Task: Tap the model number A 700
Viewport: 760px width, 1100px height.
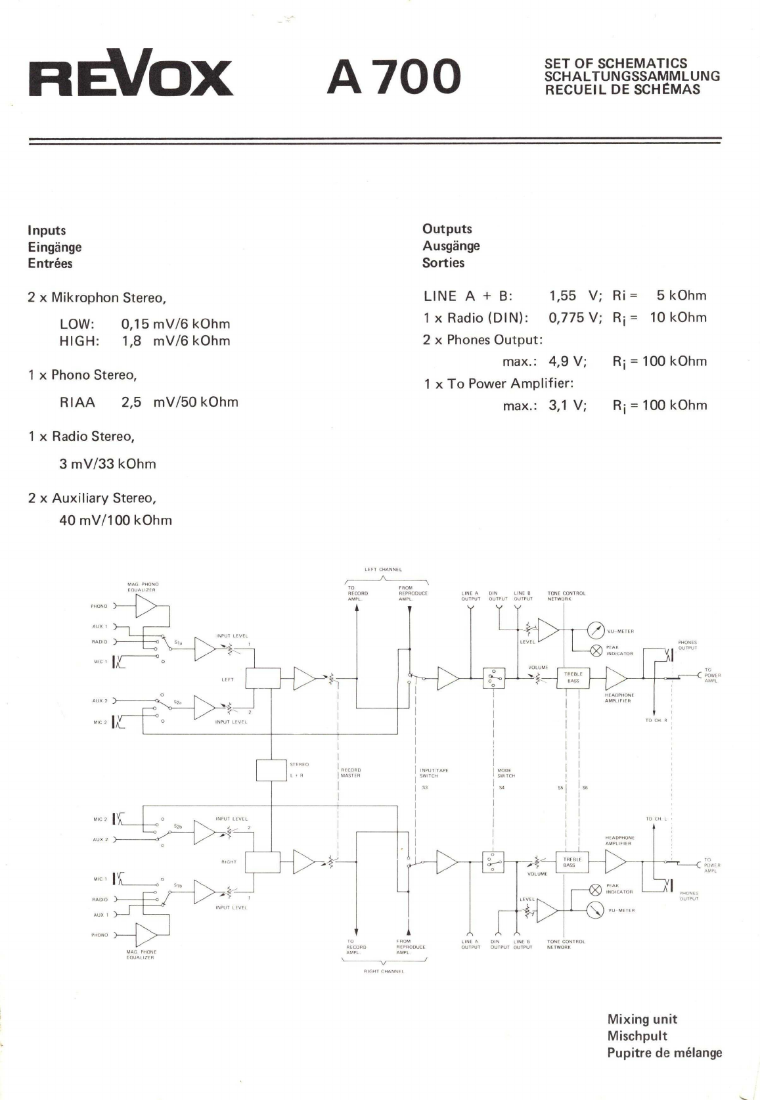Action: pyautogui.click(x=394, y=76)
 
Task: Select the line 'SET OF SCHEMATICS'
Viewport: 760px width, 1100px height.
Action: pyautogui.click(x=615, y=64)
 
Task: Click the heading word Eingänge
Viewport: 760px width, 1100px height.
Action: pyautogui.click(x=55, y=247)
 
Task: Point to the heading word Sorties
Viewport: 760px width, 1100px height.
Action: pyautogui.click(x=443, y=263)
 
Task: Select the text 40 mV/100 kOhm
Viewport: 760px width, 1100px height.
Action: pyautogui.click(x=116, y=520)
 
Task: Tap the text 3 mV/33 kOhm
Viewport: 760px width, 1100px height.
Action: pyautogui.click(x=108, y=464)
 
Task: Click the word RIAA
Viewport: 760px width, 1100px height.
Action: pyautogui.click(x=78, y=402)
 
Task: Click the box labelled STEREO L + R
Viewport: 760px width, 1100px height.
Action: pyautogui.click(x=271, y=770)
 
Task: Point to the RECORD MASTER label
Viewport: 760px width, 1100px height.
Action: pyautogui.click(x=351, y=773)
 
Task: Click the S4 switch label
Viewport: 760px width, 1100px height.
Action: pyautogui.click(x=501, y=787)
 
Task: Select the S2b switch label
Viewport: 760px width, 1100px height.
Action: pyautogui.click(x=178, y=827)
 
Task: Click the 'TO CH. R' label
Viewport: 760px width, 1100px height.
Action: pyautogui.click(x=656, y=721)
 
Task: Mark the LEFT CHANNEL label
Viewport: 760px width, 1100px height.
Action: pyautogui.click(x=383, y=570)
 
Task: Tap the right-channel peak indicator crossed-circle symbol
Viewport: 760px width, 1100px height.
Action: pyautogui.click(x=595, y=890)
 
